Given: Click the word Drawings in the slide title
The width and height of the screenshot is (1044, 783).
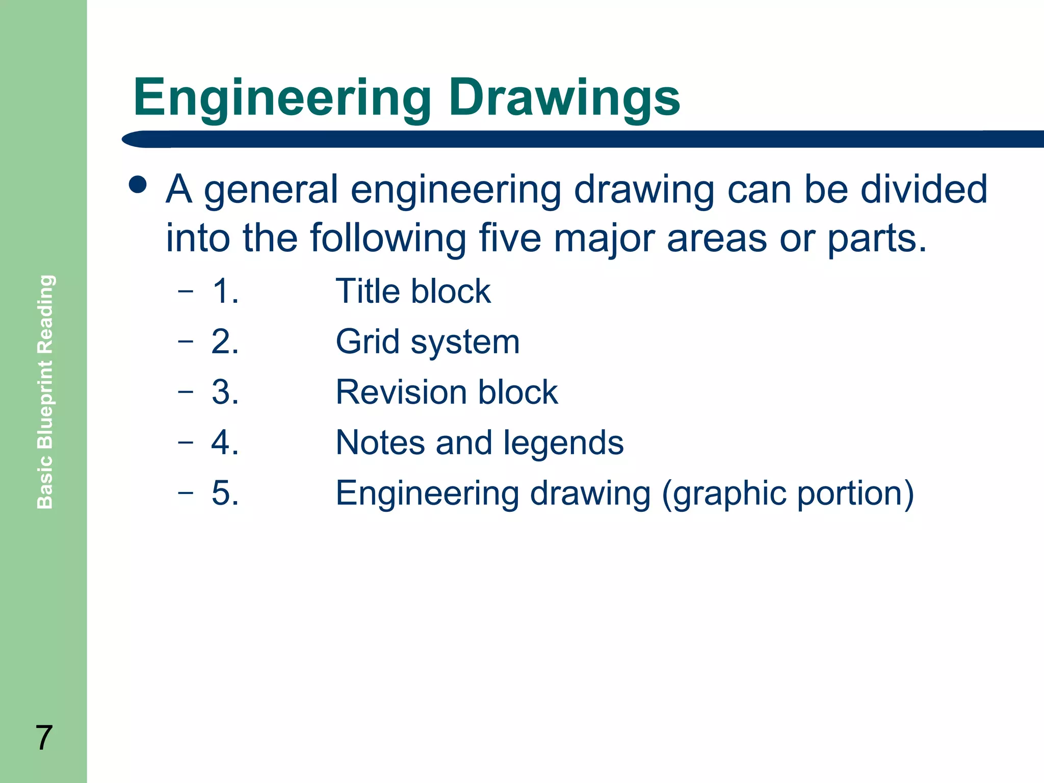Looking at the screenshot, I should coord(564,98).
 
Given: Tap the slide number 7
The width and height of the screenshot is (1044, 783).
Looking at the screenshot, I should coord(44,738).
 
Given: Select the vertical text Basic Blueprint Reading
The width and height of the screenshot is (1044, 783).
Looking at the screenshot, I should coord(45,391).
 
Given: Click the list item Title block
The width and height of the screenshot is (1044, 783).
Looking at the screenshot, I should coord(413,292).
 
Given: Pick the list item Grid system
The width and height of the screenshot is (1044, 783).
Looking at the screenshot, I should coord(427,342).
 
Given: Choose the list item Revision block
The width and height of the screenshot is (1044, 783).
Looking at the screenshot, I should coord(447,392).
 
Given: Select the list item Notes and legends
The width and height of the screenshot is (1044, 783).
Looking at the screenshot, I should coord(479,442).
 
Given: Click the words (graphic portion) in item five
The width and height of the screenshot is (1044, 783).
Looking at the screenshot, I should coord(788,493).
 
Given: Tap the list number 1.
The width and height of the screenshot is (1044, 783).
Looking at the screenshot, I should coord(225,292).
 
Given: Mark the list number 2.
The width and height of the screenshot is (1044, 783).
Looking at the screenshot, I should coord(225,342).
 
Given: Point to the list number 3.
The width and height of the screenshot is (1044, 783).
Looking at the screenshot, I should coord(225,392).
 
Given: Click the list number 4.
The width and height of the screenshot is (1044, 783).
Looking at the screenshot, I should coord(225,442).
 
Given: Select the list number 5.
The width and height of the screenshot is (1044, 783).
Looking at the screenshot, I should coord(225,493).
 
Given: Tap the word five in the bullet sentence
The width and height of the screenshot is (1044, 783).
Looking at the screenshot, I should coord(510,238).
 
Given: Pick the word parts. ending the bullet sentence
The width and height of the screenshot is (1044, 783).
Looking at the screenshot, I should coord(876,238).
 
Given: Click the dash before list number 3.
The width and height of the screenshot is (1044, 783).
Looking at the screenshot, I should coord(186,391).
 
